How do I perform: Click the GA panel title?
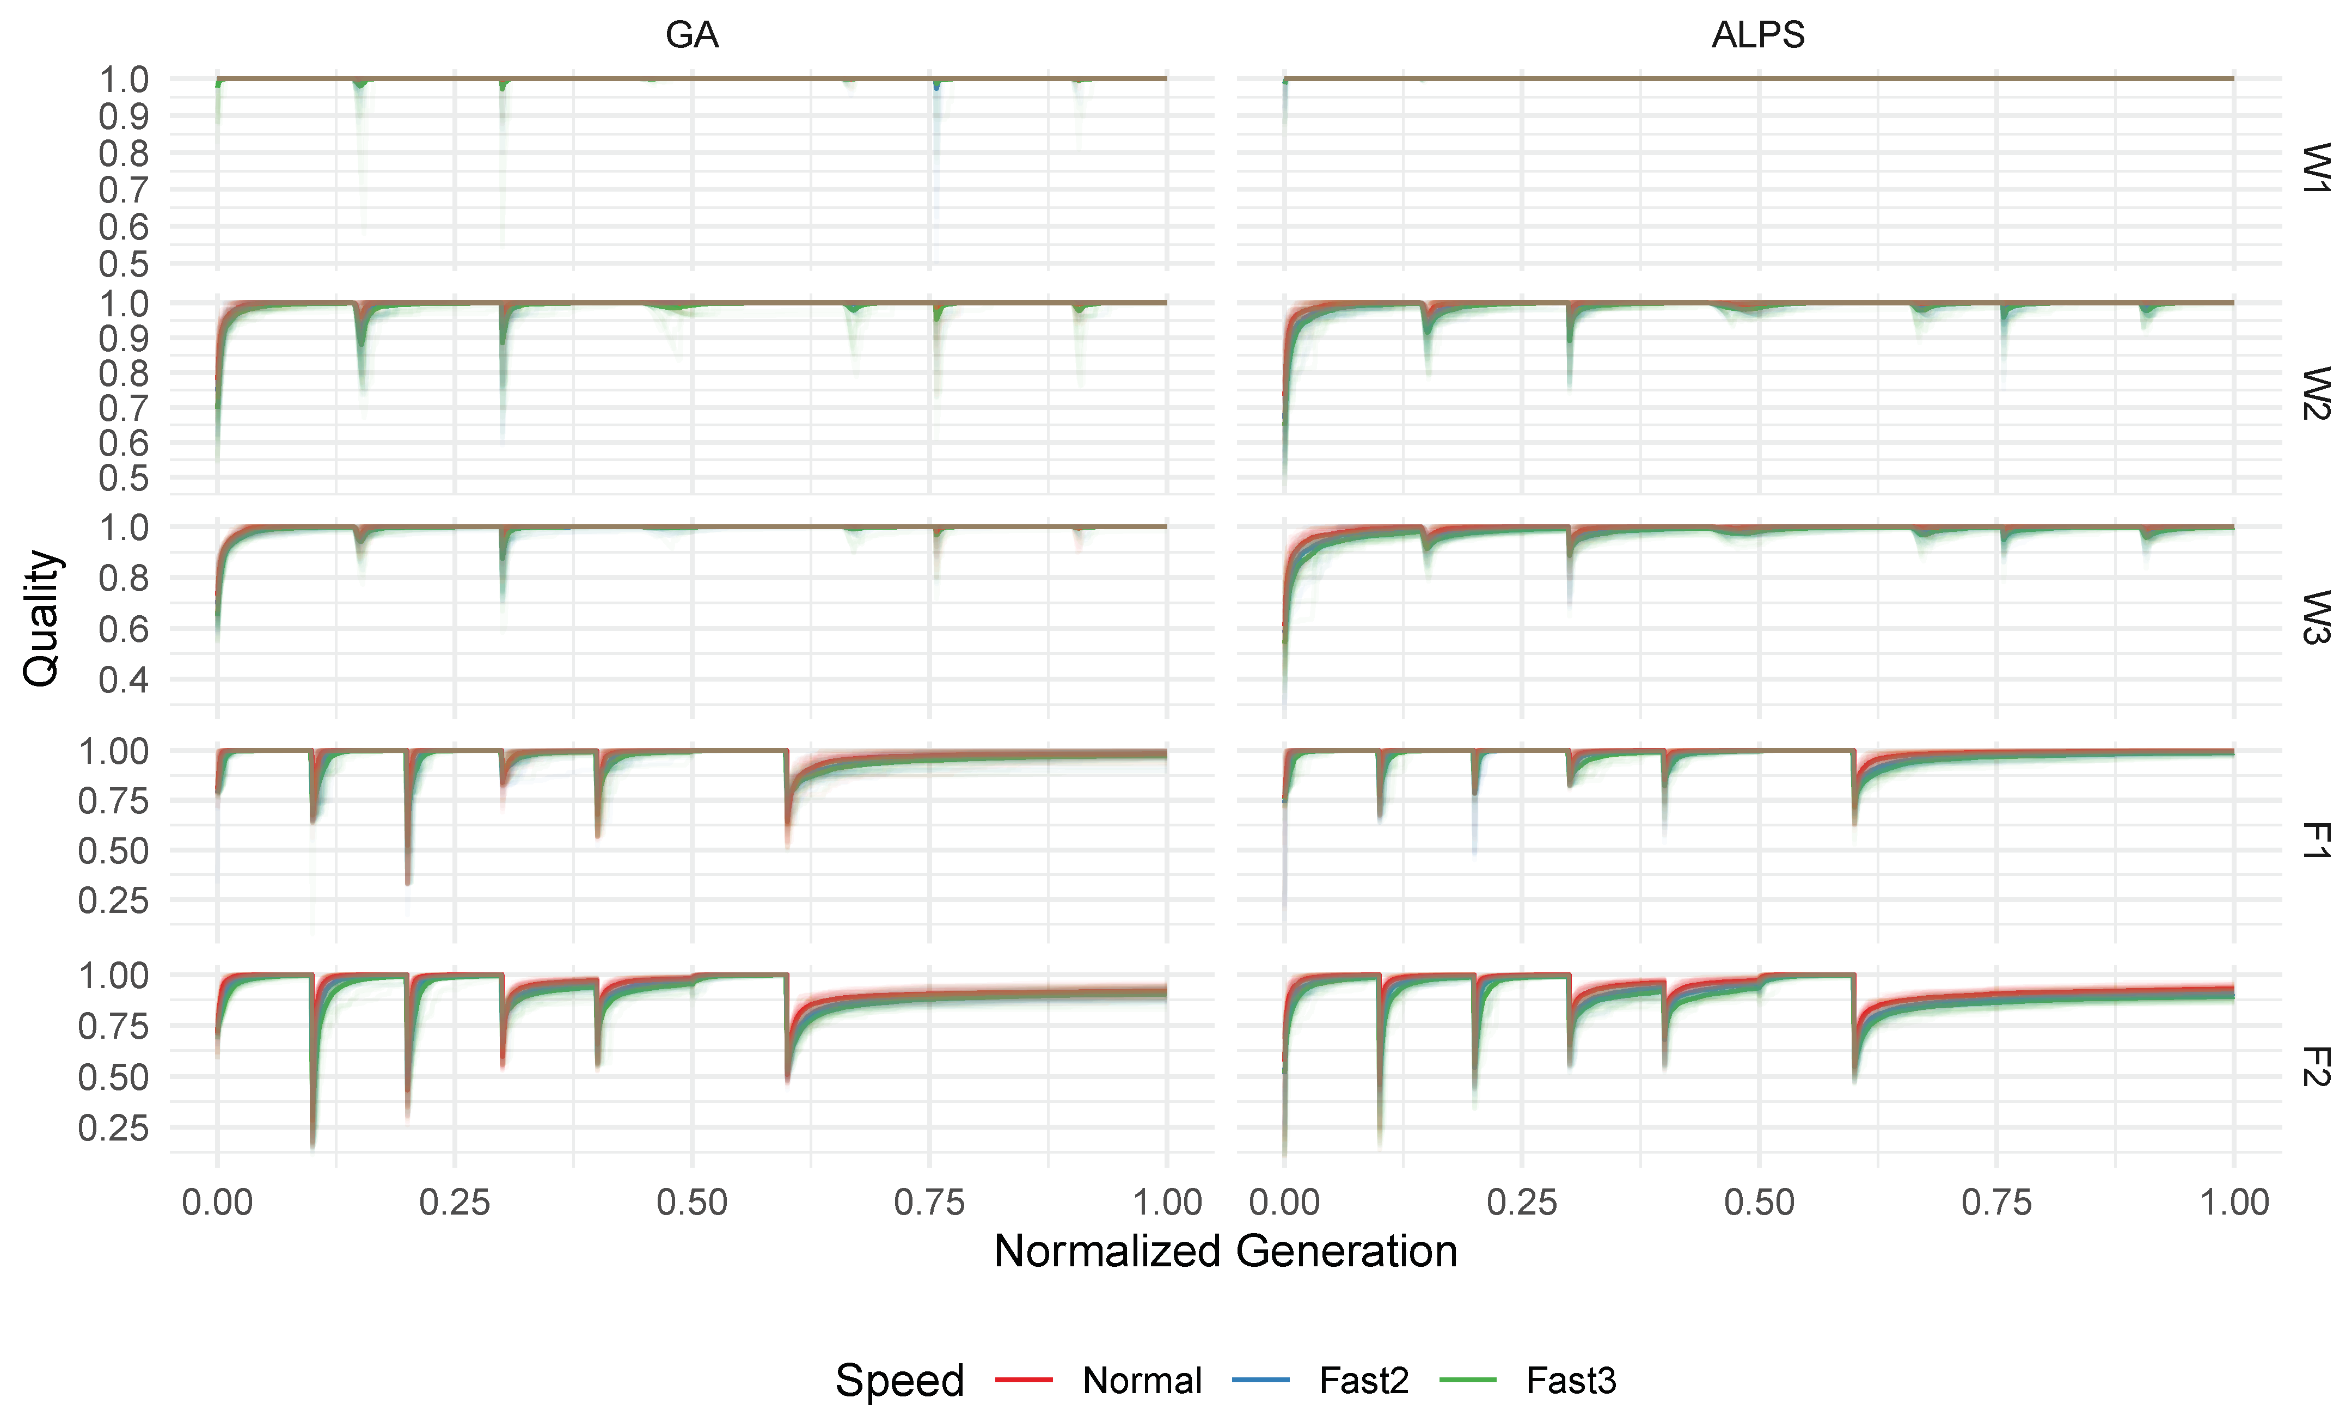pos(692,35)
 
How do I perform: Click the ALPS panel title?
pos(1757,35)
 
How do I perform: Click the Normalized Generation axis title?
pos(1225,1251)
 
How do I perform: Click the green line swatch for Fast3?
pos(1467,1380)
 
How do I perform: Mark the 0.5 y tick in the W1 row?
pos(124,264)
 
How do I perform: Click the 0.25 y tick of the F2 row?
pos(114,1128)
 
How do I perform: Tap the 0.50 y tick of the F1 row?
pos(114,850)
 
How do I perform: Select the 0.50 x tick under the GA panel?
pos(692,1202)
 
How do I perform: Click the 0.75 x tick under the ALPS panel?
pos(1996,1202)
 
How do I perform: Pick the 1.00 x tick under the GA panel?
pos(1167,1202)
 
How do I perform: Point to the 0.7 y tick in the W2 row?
pos(124,408)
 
